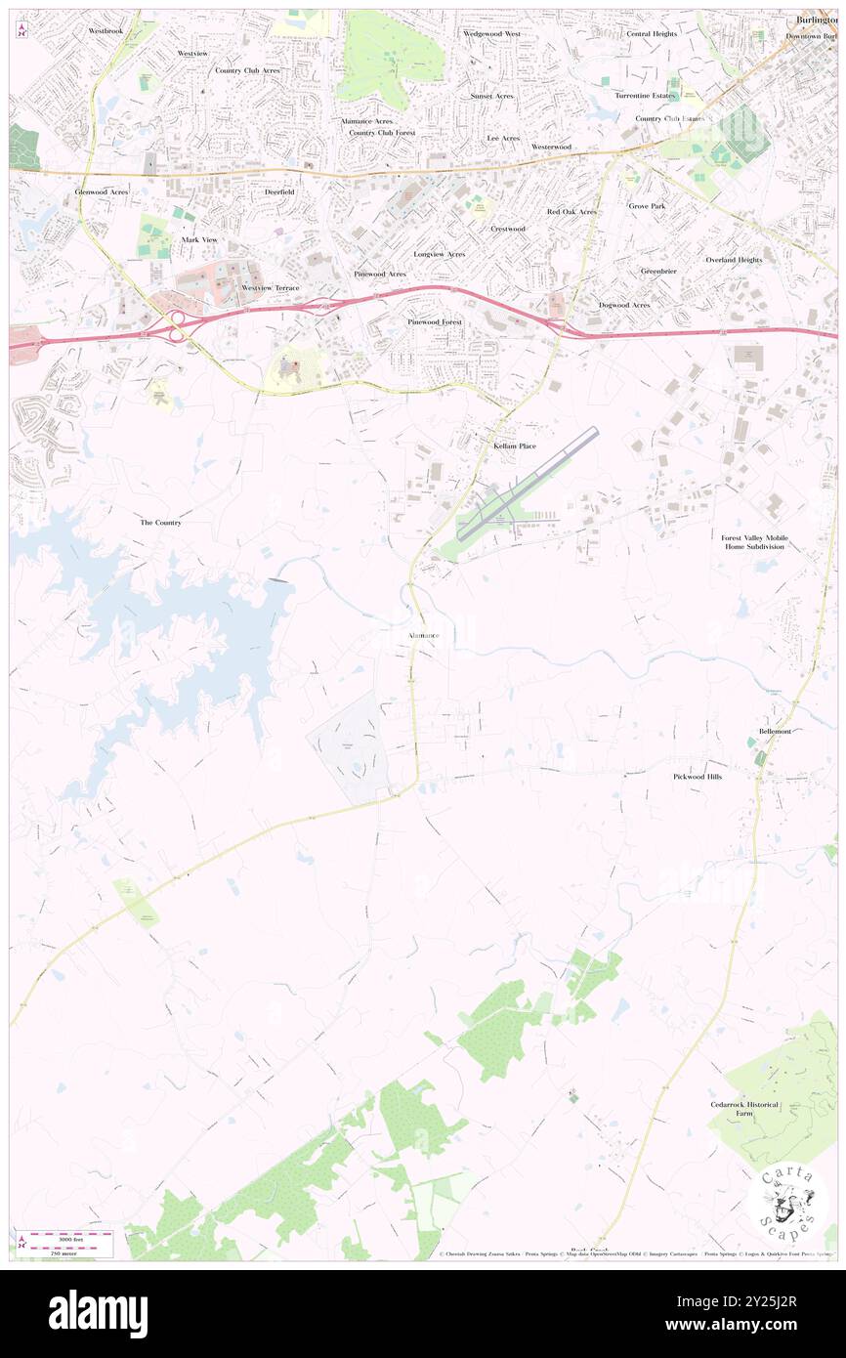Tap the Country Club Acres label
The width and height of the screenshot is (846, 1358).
click(247, 70)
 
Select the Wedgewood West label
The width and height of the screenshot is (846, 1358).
click(491, 33)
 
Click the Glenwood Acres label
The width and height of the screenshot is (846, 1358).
click(102, 192)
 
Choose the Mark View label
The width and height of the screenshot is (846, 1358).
click(199, 239)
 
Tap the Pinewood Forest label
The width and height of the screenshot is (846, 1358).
click(435, 321)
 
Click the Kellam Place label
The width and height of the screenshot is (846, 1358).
click(514, 446)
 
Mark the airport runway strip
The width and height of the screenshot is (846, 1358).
click(528, 484)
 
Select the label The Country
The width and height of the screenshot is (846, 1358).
click(160, 523)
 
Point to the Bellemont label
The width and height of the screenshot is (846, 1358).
click(775, 731)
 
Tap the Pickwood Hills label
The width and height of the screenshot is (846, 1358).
click(698, 776)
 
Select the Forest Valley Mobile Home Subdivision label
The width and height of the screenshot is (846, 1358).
click(754, 542)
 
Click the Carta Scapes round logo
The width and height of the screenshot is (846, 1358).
click(787, 1199)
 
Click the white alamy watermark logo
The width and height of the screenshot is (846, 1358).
click(98, 1313)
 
